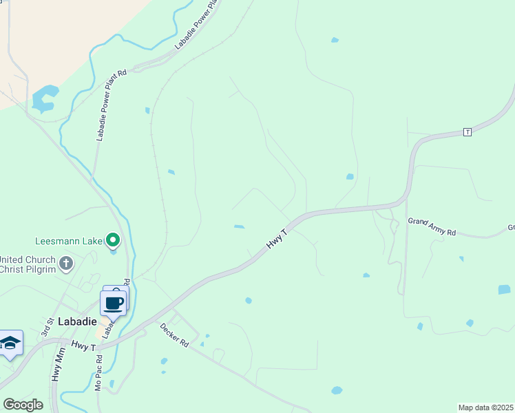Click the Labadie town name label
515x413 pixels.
coord(77,321)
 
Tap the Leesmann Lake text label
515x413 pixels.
coord(69,241)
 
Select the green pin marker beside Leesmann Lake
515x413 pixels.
coord(113,240)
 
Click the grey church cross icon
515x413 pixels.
coord(66,262)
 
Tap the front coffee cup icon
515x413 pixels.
coord(113,303)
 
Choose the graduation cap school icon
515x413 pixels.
coord(10,343)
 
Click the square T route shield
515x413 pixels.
coord(467,131)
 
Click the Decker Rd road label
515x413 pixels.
coord(174,336)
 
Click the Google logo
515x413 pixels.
coord(23,405)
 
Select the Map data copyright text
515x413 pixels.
coord(485,407)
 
